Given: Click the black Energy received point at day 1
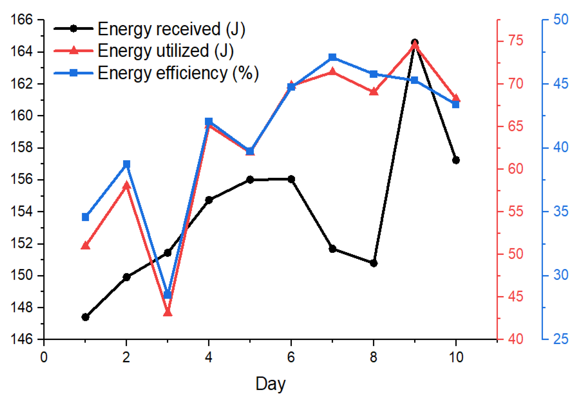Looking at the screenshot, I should [85, 317].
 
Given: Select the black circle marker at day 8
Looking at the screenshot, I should [373, 263].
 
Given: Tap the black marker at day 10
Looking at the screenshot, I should [456, 160].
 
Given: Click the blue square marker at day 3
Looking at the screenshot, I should [168, 295].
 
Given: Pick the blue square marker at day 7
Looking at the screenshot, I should [332, 57].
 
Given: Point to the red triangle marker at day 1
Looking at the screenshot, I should [85, 245].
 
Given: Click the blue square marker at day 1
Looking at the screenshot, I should [85, 217].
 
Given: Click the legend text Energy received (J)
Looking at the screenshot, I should [171, 29].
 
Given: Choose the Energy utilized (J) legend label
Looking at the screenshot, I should [165, 51].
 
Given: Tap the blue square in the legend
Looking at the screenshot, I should [73, 73].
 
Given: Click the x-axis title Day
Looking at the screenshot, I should [271, 384].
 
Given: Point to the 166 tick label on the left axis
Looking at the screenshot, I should [22, 20].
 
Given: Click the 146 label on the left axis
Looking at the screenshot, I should [22, 339].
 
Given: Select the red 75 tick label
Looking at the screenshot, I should [515, 41].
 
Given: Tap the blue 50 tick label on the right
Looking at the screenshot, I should [561, 20].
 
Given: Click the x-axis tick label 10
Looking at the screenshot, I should [456, 357].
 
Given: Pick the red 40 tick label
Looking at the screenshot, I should [515, 339].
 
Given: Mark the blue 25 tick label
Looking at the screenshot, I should [561, 339].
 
